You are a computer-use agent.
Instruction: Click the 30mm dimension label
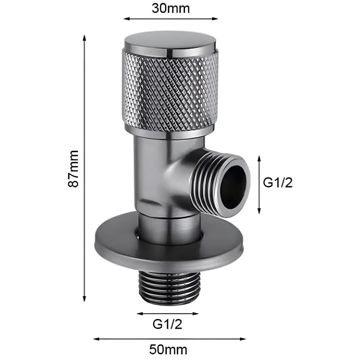coord(171,8)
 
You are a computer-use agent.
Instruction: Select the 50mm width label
coord(169,349)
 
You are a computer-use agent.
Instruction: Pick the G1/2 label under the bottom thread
coord(168,324)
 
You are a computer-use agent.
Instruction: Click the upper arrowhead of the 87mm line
coord(84,37)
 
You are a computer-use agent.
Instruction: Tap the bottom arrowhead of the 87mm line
coord(84,300)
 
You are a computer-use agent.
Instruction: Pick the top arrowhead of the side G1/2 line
coord(259,158)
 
